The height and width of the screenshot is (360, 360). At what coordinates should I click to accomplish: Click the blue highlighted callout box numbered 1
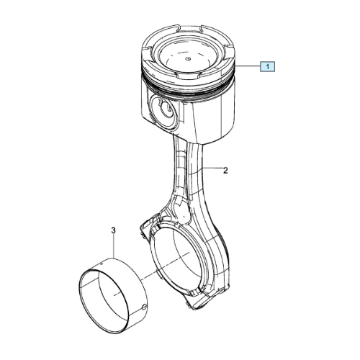coord(268,66)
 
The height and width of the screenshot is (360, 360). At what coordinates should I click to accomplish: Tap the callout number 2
coord(225,171)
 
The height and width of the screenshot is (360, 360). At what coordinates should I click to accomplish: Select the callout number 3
coord(114,230)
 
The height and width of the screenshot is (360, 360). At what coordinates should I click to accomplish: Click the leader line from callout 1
coord(248,66)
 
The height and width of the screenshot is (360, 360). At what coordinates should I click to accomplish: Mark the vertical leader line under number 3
coord(114,247)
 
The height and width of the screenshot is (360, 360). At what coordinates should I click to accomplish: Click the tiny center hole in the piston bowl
coord(188,58)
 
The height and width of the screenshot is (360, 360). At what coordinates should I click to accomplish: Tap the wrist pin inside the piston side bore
coord(167,111)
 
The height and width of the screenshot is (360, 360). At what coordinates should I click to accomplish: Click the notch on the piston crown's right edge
coord(229,51)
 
